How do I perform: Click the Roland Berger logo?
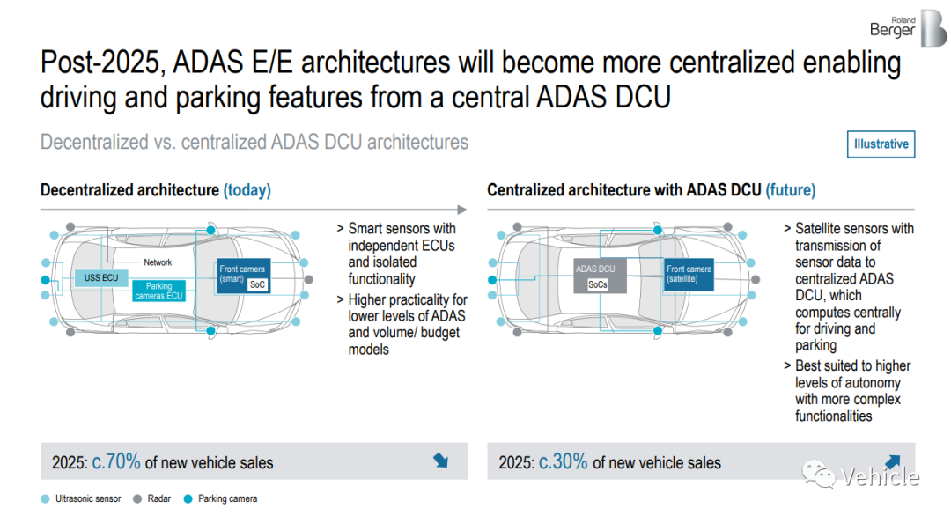908,28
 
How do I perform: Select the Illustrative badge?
881,144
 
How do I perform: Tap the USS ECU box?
101,277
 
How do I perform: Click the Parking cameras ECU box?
158,291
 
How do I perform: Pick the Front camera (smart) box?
243,276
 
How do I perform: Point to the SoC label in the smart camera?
257,284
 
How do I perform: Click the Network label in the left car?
158,262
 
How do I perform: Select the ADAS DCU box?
600,276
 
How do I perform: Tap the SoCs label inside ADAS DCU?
597,284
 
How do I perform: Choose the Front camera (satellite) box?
689,275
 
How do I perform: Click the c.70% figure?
116,462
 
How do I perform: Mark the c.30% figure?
563,462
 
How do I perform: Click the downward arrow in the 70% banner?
441,461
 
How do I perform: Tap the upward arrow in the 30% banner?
892,462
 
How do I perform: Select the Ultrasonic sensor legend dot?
45,499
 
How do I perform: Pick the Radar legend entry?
151,499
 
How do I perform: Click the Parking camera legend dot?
188,499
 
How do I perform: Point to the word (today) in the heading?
247,190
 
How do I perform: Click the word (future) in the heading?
790,190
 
